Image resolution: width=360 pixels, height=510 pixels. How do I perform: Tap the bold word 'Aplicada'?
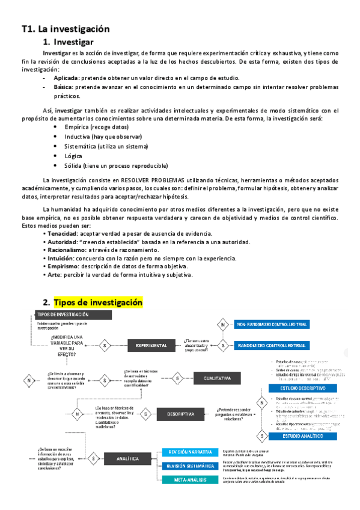pos(66,78)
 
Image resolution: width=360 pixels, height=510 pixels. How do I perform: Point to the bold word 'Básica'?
pos(64,87)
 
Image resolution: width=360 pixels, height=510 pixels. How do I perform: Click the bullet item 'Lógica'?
pos(73,156)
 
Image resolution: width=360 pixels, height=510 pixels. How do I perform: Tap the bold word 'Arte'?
pos(53,275)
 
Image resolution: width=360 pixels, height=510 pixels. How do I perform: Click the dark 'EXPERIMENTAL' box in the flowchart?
pos(151,346)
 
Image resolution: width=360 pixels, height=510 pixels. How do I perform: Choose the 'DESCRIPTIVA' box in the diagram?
pos(181,397)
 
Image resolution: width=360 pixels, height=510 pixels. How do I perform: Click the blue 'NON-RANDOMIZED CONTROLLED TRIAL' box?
pos(272,325)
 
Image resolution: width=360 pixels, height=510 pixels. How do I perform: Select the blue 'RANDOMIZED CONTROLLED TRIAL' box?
pos(272,346)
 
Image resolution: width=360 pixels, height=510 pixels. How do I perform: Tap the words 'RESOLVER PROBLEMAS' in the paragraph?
pos(148,180)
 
